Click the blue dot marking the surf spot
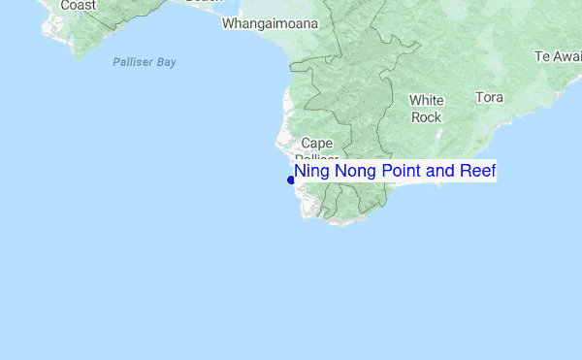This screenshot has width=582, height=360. tap(291, 180)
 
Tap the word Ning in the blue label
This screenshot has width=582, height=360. tap(311, 172)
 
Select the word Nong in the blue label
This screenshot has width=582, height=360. tap(354, 172)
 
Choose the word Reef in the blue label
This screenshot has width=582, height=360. tap(478, 172)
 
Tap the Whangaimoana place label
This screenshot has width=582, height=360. tap(271, 23)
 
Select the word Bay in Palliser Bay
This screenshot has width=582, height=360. tap(166, 62)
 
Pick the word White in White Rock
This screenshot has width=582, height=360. tap(427, 100)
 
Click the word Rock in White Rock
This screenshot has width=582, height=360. tap(427, 117)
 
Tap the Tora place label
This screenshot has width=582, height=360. tap(490, 97)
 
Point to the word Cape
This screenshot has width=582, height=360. tap(317, 143)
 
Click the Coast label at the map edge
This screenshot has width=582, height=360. tap(78, 6)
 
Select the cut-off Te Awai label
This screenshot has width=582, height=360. tap(557, 56)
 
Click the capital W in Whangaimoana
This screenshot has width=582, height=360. tap(229, 23)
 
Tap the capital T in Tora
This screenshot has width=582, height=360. tap(479, 97)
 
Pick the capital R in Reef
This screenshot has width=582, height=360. tap(466, 172)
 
